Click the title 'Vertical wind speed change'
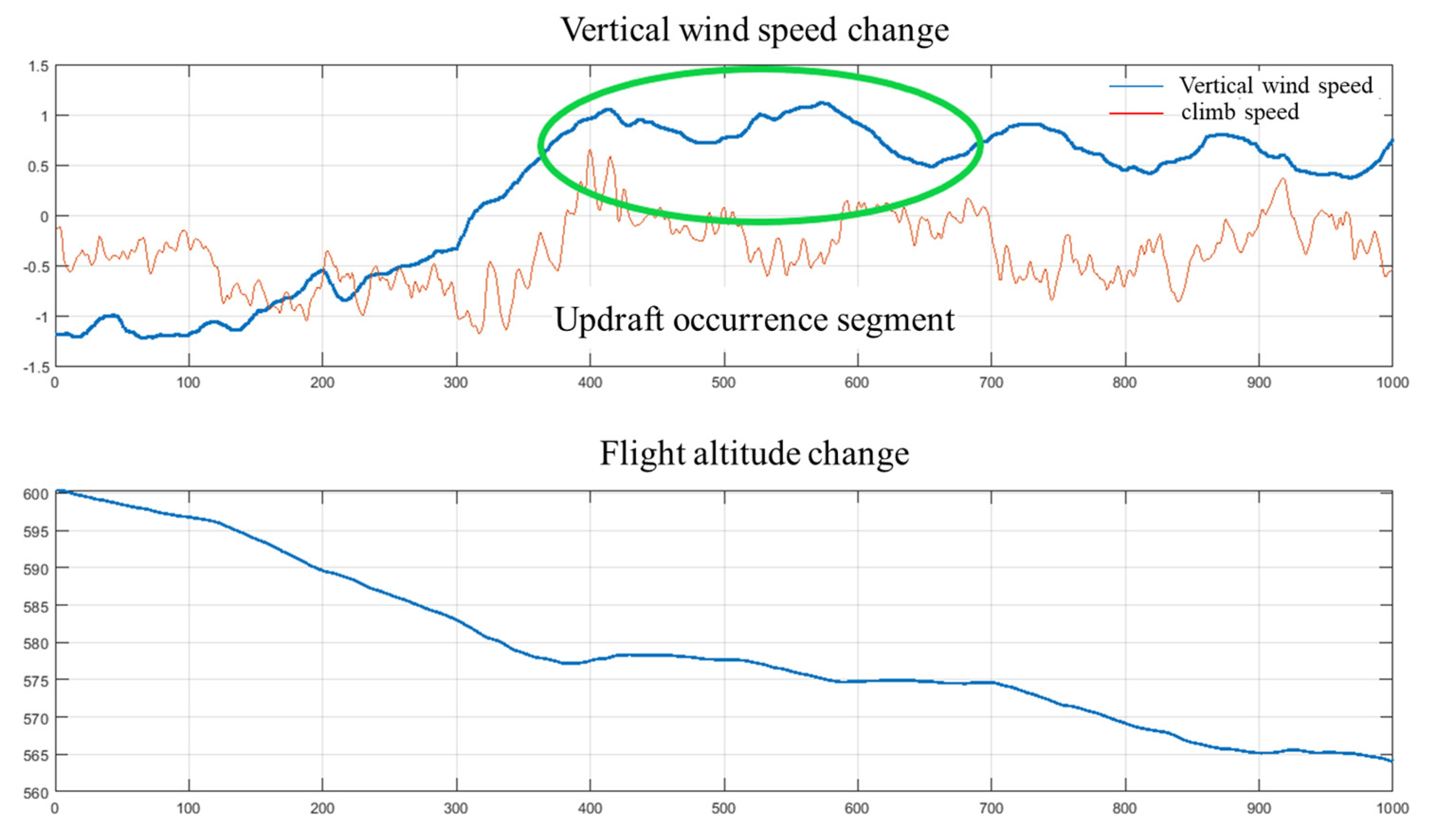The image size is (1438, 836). click(x=754, y=30)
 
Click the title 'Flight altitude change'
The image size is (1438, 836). click(x=754, y=454)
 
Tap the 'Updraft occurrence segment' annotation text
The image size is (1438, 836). click(x=754, y=319)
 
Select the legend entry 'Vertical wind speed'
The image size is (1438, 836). click(x=1276, y=86)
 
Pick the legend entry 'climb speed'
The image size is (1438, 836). click(x=1240, y=112)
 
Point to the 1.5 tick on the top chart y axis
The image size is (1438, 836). click(x=39, y=67)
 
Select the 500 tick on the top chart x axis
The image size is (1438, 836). click(x=724, y=382)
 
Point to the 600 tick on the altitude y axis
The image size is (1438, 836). click(x=36, y=494)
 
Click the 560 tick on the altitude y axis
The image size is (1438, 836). click(x=36, y=793)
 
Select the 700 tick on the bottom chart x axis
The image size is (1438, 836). click(x=991, y=808)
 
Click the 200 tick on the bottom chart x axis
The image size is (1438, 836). click(x=322, y=808)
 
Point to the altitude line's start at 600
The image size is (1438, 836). click(x=59, y=491)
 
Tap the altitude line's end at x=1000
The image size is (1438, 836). click(x=1391, y=761)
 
